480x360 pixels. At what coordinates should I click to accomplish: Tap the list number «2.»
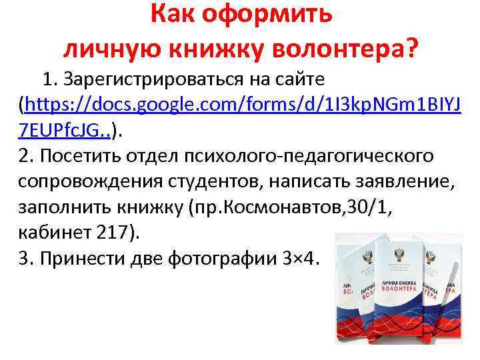click(x=27, y=155)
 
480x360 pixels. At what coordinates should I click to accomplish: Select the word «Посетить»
click(x=73, y=155)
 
